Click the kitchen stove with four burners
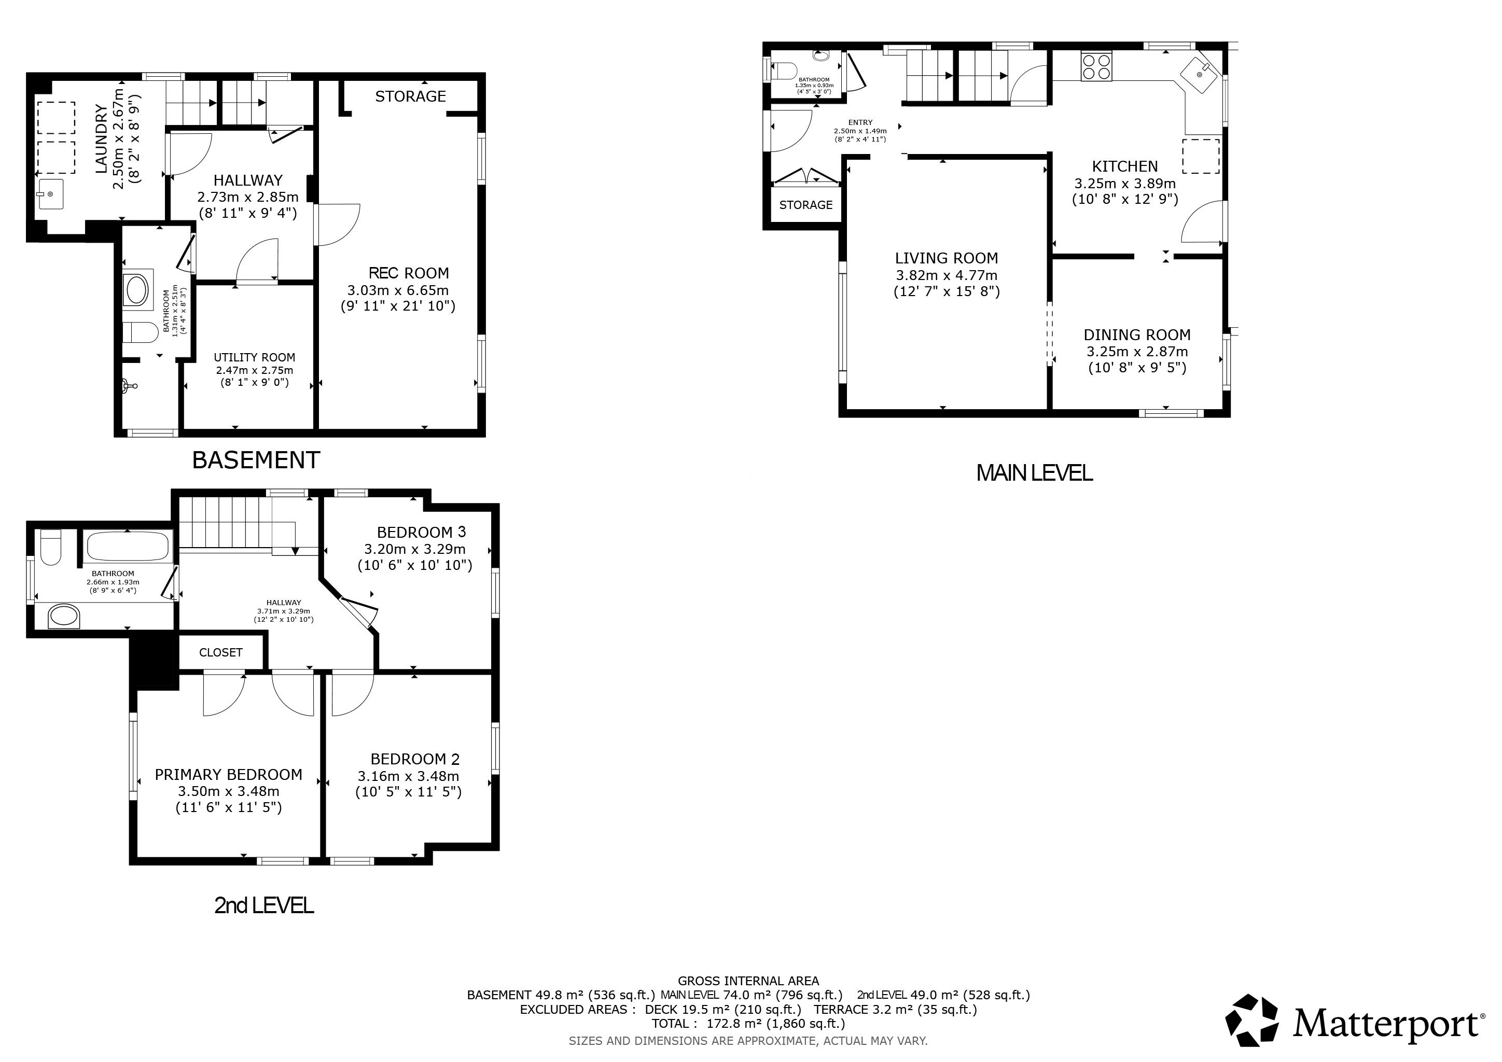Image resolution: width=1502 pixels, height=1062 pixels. pyautogui.click(x=1096, y=66)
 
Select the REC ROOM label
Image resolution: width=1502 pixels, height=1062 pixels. pyautogui.click(x=409, y=273)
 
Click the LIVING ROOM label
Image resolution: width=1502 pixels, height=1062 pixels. pyautogui.click(x=947, y=258)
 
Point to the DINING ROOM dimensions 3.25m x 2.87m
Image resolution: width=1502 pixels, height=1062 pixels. pyautogui.click(x=1137, y=351)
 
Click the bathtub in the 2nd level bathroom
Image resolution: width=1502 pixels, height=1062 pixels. pyautogui.click(x=128, y=546)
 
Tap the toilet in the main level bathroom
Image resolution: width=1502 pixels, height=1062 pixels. pyautogui.click(x=783, y=69)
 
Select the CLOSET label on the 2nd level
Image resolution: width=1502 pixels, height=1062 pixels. pyautogui.click(x=220, y=653)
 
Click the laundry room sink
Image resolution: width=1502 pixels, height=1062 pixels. pyautogui.click(x=50, y=194)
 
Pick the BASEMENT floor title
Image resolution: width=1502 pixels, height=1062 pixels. pyautogui.click(x=256, y=460)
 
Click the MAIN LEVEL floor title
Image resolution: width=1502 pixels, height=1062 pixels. pyautogui.click(x=1034, y=473)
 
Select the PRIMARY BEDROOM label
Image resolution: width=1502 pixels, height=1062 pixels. pyautogui.click(x=228, y=774)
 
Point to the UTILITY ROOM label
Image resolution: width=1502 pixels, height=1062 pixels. pyautogui.click(x=255, y=358)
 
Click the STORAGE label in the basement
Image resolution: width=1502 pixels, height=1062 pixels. pyautogui.click(x=410, y=96)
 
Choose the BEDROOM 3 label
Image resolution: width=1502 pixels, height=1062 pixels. pyautogui.click(x=421, y=533)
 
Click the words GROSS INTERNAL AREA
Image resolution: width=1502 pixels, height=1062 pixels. pyautogui.click(x=748, y=981)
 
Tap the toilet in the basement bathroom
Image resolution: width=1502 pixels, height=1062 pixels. pyautogui.click(x=141, y=333)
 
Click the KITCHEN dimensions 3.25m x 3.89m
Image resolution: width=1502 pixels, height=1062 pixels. pyautogui.click(x=1125, y=183)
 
